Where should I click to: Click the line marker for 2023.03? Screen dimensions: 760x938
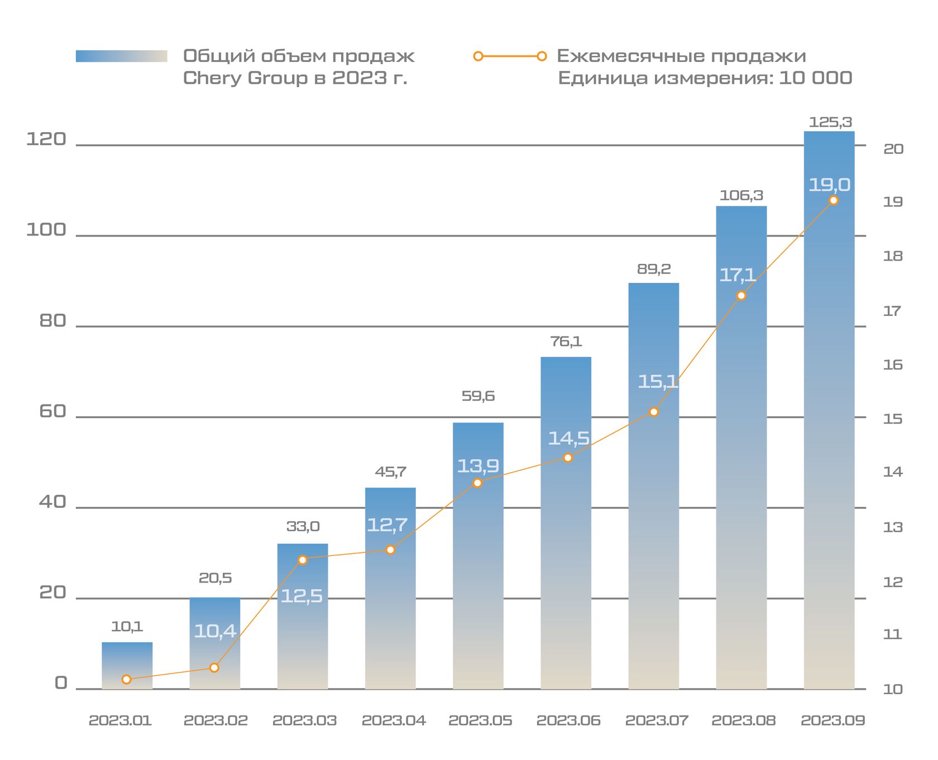303,560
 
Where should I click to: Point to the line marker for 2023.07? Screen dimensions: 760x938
654,412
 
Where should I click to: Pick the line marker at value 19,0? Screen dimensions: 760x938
834,200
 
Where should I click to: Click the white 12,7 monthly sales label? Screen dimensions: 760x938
387,525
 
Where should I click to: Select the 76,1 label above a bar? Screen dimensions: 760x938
566,341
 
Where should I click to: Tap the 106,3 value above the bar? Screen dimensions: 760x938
741,195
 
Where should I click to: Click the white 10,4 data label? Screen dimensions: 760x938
215,631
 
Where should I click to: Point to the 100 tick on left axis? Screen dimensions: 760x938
46,230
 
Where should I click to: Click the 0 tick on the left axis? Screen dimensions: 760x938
61,683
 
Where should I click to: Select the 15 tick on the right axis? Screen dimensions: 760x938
893,419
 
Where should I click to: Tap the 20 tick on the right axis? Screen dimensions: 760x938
893,149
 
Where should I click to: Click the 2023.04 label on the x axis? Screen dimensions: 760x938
394,720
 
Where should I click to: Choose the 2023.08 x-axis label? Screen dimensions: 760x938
743,720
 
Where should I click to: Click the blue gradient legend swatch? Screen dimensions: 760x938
122,56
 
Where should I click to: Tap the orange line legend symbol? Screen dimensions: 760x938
510,56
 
